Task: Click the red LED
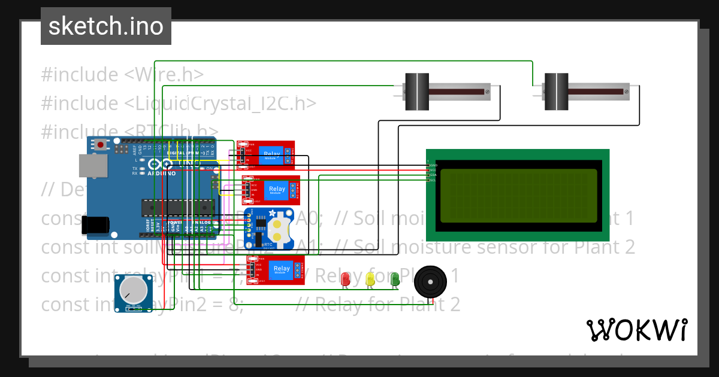345,278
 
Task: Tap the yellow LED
370,278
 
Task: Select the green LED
394,278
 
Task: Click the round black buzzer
431,282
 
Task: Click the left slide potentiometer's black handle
417,92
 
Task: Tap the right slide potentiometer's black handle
555,92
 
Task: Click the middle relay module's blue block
277,190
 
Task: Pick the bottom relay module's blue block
282,270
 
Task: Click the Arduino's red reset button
101,145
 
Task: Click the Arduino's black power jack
95,224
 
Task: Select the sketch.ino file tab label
105,26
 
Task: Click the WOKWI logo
636,330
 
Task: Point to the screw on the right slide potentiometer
626,92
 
